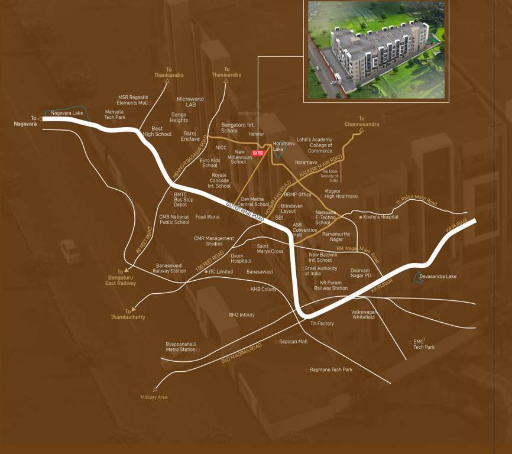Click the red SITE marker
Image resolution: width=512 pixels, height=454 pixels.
pos(258,153)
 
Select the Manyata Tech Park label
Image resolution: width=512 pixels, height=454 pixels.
pos(115,115)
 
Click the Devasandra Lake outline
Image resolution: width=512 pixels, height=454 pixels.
pos(419,277)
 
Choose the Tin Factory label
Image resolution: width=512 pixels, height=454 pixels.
pos(322,323)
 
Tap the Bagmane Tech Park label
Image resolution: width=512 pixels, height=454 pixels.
pos(331,369)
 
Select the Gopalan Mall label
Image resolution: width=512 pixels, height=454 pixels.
pos(293,342)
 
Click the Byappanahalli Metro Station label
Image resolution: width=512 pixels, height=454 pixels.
pos(180,346)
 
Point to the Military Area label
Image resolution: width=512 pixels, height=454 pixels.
pos(154,397)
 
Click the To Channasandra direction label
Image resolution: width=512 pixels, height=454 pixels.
pos(362,122)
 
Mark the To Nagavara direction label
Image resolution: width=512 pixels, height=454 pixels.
pos(25,121)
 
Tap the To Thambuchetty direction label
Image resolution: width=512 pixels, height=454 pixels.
pos(128,314)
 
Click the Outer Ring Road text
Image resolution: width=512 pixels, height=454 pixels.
pos(245,211)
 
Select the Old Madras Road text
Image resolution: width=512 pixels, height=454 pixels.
pos(241,353)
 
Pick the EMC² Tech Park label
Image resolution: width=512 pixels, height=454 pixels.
pos(423,344)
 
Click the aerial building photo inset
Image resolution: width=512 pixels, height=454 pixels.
pos(376,50)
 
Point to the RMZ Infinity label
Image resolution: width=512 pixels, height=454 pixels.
pos(242,315)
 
